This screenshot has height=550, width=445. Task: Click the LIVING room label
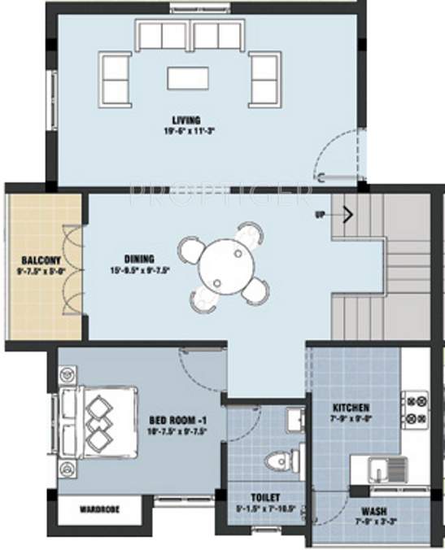point(192,118)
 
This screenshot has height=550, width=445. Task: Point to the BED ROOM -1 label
point(177,420)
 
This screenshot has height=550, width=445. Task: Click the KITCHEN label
point(351,407)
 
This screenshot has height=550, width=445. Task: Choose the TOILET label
point(265,497)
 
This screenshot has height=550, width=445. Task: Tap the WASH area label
point(375,513)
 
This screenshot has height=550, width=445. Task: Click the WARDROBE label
point(100,510)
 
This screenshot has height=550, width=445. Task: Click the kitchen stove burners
point(416,411)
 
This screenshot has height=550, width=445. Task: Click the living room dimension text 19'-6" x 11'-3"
point(193,129)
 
